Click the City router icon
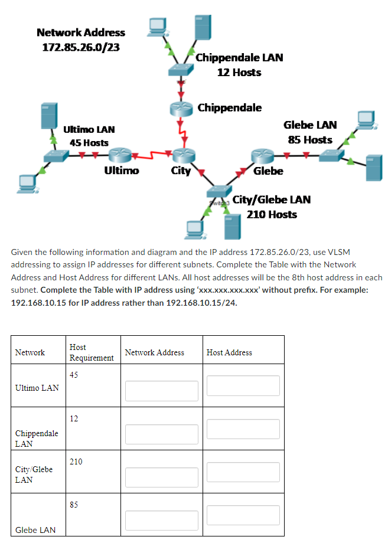[x=181, y=155]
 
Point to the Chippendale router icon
[x=181, y=109]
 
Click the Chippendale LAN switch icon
[x=180, y=70]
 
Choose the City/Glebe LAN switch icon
[x=219, y=192]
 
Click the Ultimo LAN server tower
[x=48, y=116]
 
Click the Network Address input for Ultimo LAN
[x=161, y=391]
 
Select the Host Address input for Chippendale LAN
[x=243, y=429]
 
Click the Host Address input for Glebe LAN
[x=243, y=515]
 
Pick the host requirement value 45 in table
[x=74, y=375]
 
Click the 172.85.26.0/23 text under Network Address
[x=80, y=47]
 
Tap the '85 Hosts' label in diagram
[x=310, y=140]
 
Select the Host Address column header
[x=229, y=352]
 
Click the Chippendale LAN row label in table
[x=37, y=439]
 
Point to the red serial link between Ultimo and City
[x=152, y=156]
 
